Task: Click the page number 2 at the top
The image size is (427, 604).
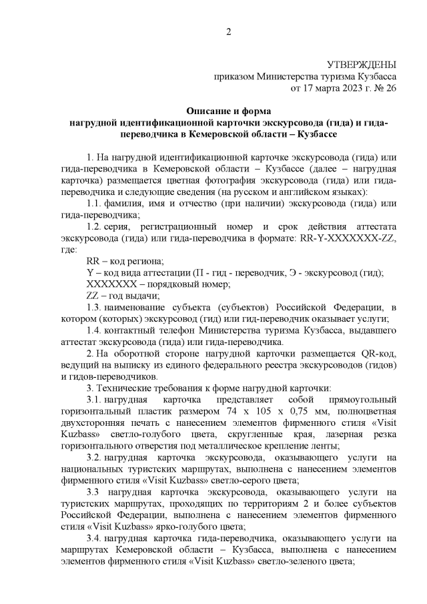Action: tap(228, 32)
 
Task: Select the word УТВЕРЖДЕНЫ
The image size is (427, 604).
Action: tap(361, 65)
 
